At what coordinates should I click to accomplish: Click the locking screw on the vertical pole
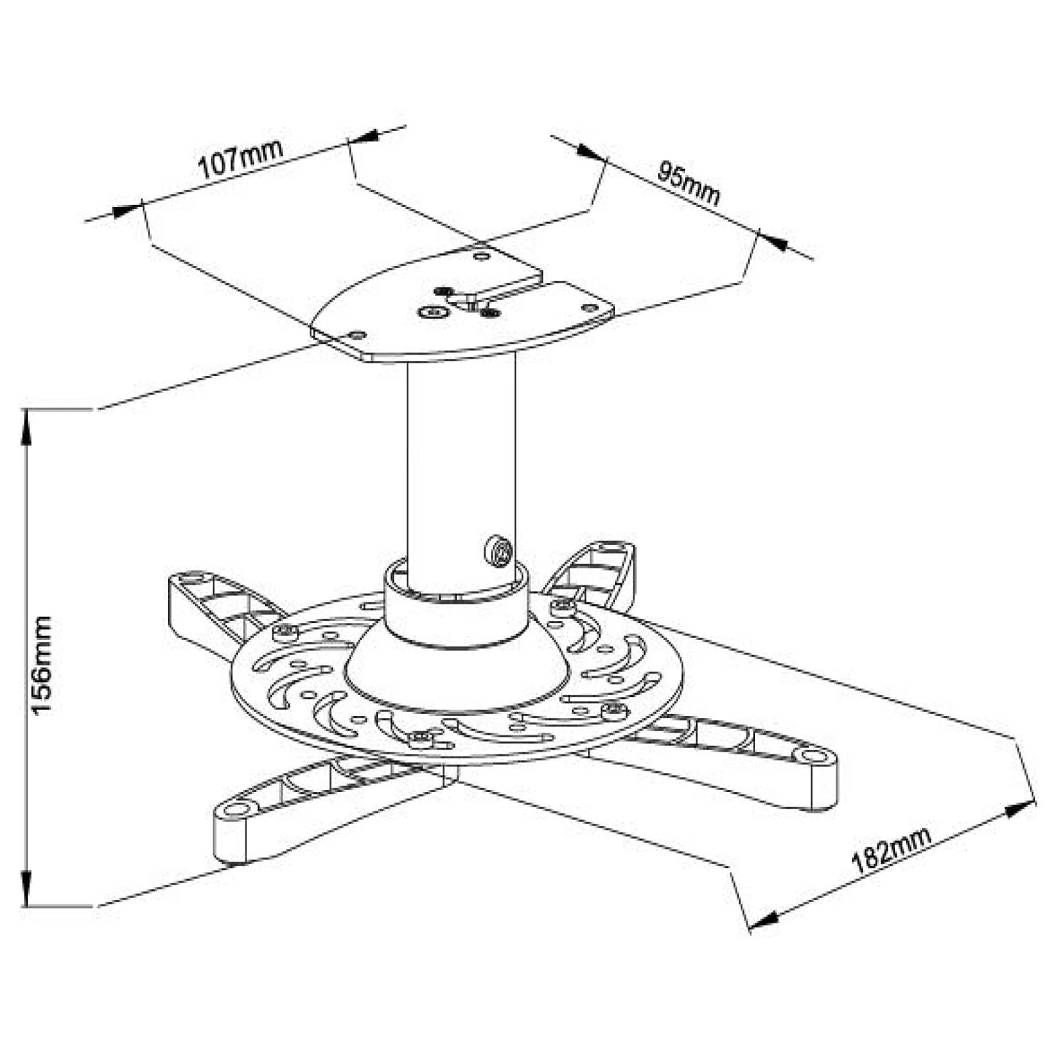[498, 550]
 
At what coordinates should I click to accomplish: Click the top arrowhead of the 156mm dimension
[26, 423]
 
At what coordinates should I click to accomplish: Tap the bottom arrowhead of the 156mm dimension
[26, 892]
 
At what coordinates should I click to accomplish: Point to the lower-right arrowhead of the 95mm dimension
[773, 240]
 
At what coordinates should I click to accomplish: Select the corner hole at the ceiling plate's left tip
[357, 335]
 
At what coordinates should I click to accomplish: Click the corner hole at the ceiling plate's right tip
[589, 307]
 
